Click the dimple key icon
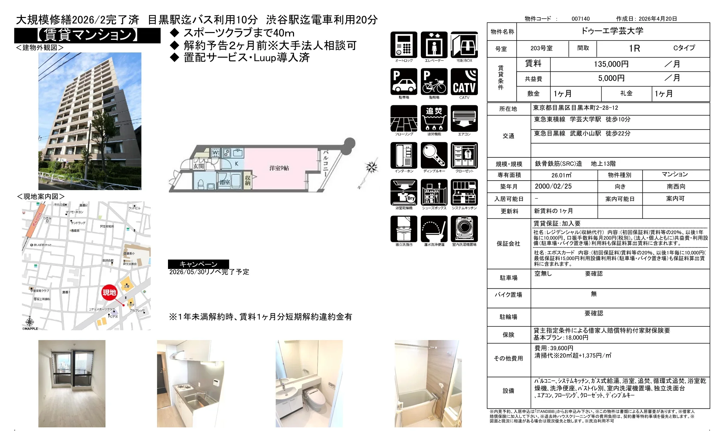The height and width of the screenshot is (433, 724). [x=434, y=155]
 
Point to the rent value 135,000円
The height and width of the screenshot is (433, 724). [x=611, y=64]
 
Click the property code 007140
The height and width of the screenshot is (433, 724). [x=580, y=19]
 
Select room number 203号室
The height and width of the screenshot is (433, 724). [x=541, y=48]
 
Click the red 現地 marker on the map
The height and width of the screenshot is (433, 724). [x=109, y=292]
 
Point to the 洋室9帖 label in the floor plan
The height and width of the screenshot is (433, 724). [x=279, y=168]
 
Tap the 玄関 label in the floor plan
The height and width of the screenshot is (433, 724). [x=199, y=166]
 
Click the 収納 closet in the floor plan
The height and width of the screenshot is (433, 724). [x=248, y=180]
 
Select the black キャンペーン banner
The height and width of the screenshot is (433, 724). [x=198, y=264]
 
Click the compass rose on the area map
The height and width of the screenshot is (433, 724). [x=30, y=321]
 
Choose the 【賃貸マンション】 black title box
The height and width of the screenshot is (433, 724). [x=87, y=35]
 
